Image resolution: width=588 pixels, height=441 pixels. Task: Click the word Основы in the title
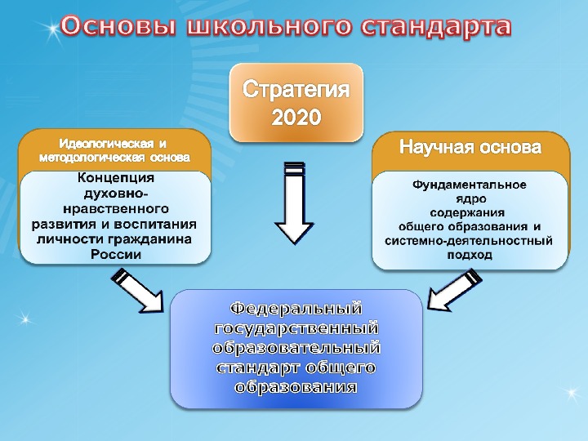tap(118, 27)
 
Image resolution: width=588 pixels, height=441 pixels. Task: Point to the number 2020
tap(296, 118)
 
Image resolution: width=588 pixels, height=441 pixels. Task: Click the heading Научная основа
tap(470, 148)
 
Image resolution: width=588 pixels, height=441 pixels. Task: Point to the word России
tap(115, 254)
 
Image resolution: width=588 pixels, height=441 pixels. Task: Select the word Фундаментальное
tap(470, 185)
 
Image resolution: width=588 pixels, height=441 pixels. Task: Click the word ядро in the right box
tap(469, 198)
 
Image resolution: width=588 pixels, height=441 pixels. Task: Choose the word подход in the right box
tap(470, 254)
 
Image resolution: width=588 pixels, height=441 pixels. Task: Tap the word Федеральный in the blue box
tap(296, 309)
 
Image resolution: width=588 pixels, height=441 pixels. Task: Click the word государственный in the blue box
tap(296, 328)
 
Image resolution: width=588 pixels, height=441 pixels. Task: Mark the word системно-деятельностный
tap(469, 240)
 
